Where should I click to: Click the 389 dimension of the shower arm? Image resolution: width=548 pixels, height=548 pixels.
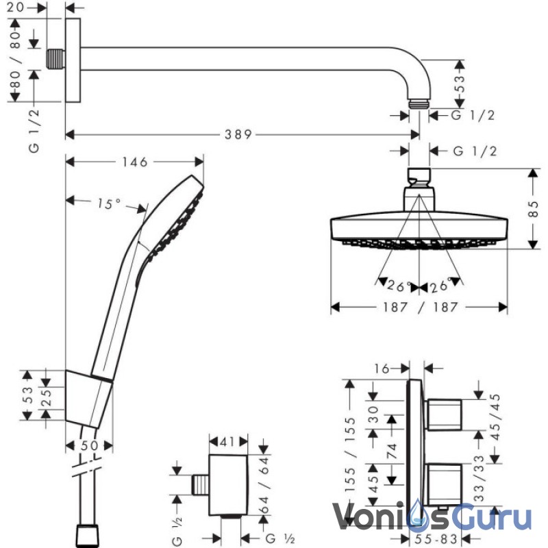tap(238, 134)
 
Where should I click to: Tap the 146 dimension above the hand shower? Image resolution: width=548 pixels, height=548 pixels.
tap(135, 162)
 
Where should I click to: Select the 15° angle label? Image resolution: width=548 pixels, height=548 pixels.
tap(109, 203)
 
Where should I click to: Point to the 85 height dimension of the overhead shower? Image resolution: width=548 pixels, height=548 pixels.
tap(534, 209)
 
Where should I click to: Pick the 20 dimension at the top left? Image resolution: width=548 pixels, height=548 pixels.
tap(15, 7)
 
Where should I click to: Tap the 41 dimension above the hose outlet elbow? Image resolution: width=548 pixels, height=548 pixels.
tap(227, 442)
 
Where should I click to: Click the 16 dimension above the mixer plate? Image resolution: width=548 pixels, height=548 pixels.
tap(382, 369)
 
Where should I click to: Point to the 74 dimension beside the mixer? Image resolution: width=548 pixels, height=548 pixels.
tap(392, 451)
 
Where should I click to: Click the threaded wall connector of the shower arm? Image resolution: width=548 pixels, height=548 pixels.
tap(55, 59)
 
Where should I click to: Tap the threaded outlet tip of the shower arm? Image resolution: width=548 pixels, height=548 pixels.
tap(419, 104)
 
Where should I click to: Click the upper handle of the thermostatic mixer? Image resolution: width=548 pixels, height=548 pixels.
tap(443, 414)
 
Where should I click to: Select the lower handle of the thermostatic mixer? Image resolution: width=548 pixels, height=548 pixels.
tap(443, 484)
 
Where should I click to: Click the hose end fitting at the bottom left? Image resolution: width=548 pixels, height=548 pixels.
tap(87, 536)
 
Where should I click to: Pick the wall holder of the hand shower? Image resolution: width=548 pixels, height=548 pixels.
tap(89, 399)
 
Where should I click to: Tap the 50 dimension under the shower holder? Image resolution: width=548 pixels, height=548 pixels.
tap(90, 446)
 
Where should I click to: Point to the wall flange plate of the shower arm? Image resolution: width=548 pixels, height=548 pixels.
tap(73, 60)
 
